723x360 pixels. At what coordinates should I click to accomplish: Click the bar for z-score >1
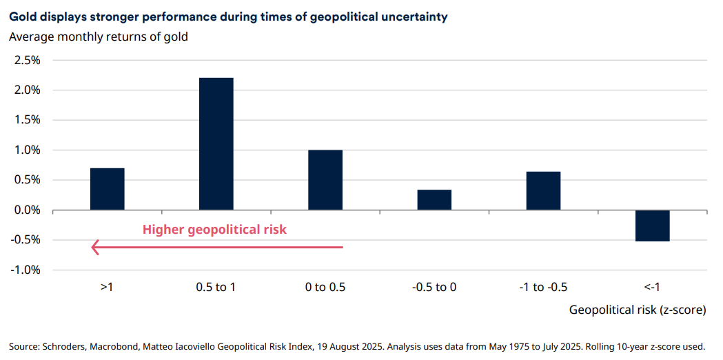tap(107, 189)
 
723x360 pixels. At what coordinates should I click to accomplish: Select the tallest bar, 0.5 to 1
tap(216, 143)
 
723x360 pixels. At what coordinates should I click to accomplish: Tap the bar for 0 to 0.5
tap(325, 180)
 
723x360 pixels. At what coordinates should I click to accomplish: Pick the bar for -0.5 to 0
tap(434, 199)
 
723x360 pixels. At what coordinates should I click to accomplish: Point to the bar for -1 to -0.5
tap(543, 190)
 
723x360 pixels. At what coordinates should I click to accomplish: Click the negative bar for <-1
tap(652, 226)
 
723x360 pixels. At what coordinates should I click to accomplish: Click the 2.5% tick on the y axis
tap(28, 60)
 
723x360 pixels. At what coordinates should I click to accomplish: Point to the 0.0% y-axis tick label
tap(28, 210)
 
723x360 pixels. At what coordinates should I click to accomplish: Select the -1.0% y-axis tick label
tap(26, 270)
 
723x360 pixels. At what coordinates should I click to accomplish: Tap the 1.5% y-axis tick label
tap(28, 120)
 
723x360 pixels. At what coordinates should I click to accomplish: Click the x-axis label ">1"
tap(107, 287)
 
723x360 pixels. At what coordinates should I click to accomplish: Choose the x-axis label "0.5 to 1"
tap(216, 287)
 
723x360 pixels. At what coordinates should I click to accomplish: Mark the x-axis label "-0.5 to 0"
tap(434, 287)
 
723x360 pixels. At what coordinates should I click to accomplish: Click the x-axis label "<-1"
tap(652, 287)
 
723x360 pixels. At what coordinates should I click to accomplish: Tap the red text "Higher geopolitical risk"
tap(214, 230)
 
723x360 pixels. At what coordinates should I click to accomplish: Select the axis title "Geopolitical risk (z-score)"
tap(637, 310)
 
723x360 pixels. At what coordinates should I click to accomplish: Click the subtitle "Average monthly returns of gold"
tap(99, 37)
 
